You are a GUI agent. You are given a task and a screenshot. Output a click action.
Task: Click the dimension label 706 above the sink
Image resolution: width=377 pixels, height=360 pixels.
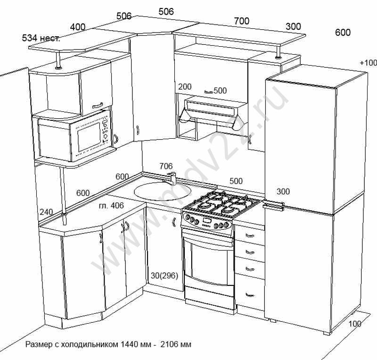click(166, 166)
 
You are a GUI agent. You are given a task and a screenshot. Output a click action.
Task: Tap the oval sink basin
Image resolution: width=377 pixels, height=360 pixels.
click(163, 191)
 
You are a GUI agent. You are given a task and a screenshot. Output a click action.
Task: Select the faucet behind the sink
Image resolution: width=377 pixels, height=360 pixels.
click(172, 178)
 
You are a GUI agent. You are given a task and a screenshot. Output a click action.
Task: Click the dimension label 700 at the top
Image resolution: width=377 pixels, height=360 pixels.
click(241, 21)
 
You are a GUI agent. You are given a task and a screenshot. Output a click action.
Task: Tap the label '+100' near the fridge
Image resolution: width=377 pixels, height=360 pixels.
click(368, 63)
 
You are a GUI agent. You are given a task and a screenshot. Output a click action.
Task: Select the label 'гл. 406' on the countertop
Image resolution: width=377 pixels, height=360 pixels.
click(111, 205)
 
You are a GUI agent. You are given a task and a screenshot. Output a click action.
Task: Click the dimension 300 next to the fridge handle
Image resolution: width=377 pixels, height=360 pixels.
click(283, 192)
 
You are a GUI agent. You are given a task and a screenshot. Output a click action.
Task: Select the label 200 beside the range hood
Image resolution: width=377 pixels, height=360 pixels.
click(185, 86)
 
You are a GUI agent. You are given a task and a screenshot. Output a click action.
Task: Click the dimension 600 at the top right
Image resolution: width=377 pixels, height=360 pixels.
click(343, 32)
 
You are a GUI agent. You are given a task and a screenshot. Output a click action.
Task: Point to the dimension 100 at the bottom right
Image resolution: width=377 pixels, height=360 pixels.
click(355, 324)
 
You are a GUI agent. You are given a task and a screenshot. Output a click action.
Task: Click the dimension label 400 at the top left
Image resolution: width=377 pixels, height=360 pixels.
click(78, 27)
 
